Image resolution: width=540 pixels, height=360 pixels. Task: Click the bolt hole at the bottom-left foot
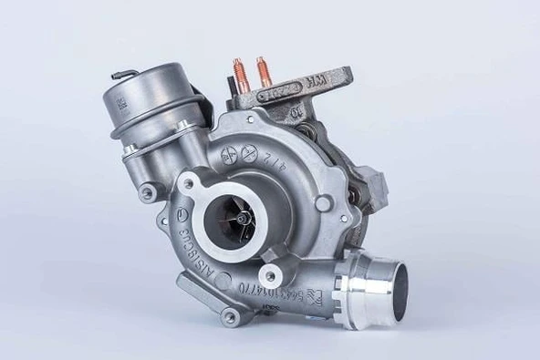tap(231, 316)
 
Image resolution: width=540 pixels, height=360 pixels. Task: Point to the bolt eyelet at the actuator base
tap(146, 192)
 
